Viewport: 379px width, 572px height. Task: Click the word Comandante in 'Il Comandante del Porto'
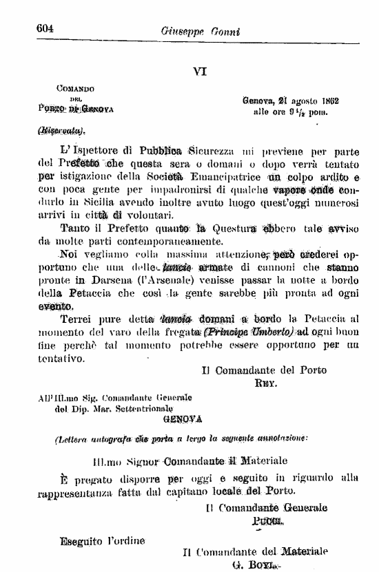coord(249,370)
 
